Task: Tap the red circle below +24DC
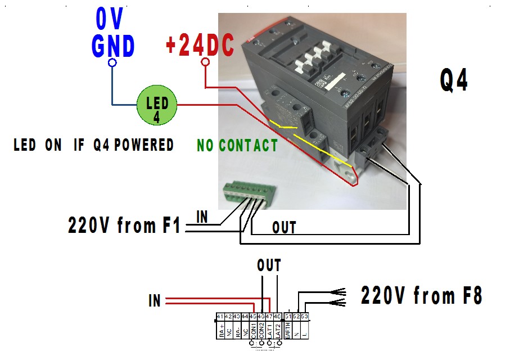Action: click(x=205, y=62)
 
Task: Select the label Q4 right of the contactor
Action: click(x=454, y=81)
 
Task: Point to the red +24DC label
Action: click(x=200, y=45)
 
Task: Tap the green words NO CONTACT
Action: click(x=237, y=146)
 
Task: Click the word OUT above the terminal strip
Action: click(x=268, y=265)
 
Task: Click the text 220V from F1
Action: click(x=124, y=226)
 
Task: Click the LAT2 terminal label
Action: click(x=277, y=330)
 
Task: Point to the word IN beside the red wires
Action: click(x=155, y=301)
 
